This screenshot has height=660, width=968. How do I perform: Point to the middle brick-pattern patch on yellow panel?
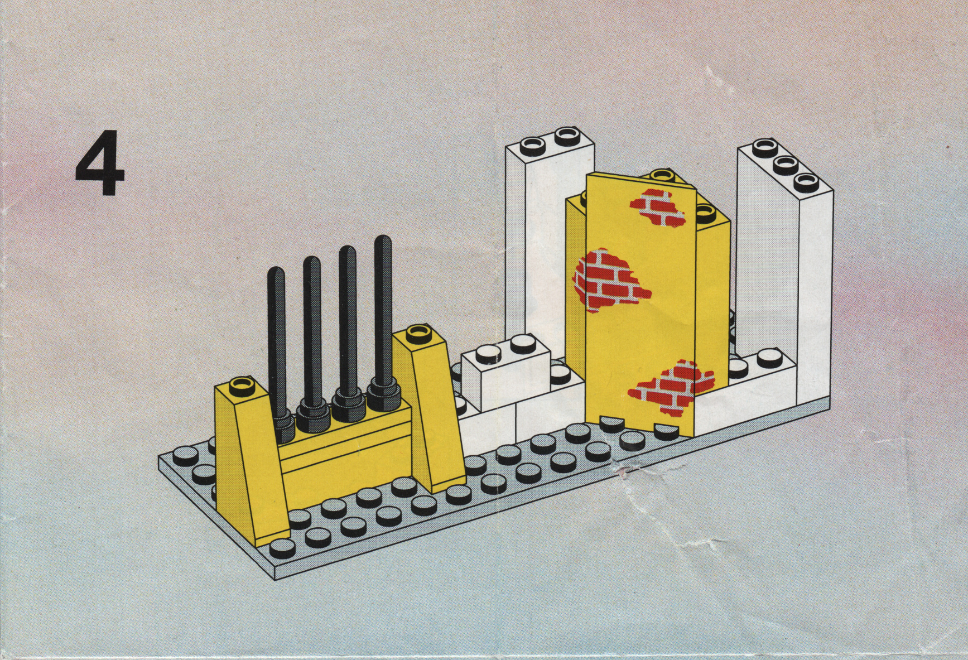[610, 279]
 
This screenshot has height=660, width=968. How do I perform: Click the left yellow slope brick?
[254, 457]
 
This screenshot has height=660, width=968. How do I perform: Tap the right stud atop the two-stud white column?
[565, 133]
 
